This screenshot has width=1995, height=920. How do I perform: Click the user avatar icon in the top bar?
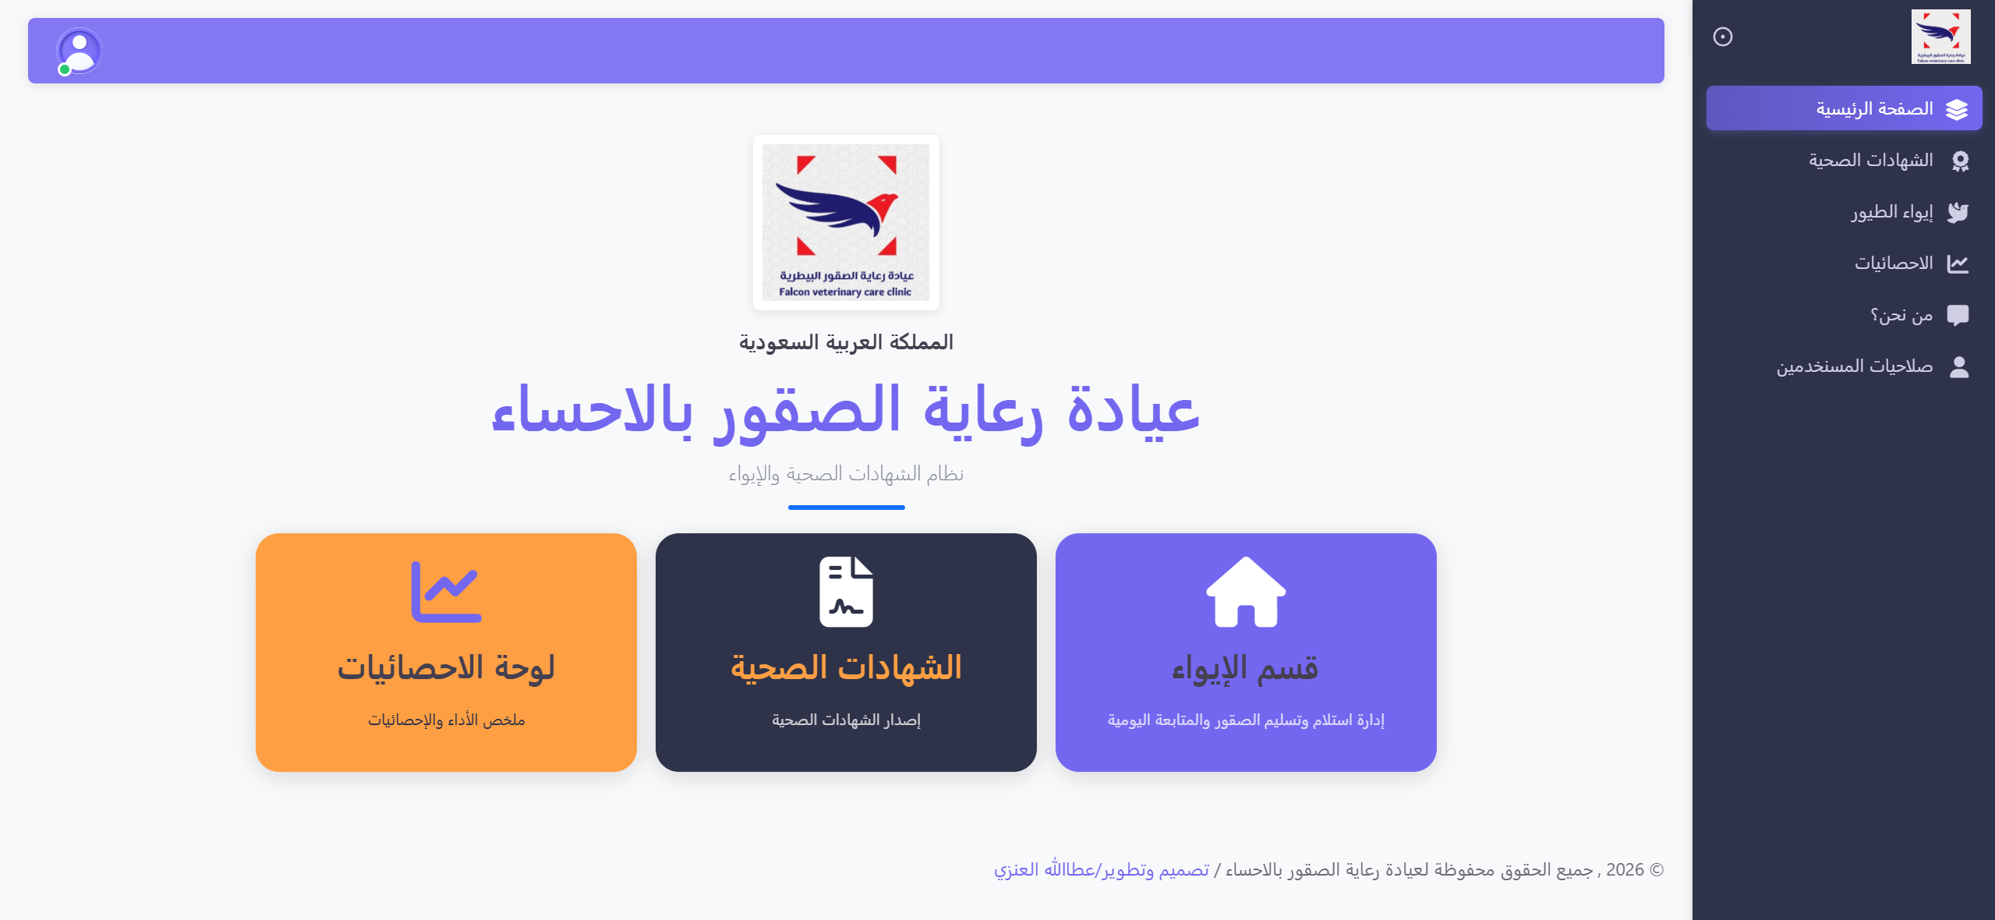(x=80, y=51)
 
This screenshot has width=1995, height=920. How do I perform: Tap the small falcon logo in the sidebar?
(x=1940, y=37)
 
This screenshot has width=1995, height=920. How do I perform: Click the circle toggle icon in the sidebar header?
(x=1723, y=37)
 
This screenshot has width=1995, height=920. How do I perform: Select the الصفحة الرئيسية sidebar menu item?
(x=1874, y=108)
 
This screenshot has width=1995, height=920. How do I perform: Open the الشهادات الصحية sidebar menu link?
(x=1870, y=161)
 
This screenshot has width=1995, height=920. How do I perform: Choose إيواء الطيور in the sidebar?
(x=1892, y=212)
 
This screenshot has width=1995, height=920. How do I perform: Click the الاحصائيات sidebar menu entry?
(x=1894, y=264)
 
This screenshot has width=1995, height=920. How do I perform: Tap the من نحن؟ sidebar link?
(x=1901, y=315)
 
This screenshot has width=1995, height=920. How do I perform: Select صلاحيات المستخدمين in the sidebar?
(x=1855, y=366)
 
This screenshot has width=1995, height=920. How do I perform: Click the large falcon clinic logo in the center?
(x=846, y=222)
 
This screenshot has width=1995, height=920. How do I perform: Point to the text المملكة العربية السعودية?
(x=846, y=342)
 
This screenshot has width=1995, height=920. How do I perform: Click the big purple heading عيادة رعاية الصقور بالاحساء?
(x=846, y=410)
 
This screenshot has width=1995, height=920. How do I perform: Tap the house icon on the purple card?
(x=1246, y=592)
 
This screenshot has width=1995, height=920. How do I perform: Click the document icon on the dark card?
(x=846, y=592)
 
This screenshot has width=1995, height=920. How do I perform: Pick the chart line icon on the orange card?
(x=446, y=592)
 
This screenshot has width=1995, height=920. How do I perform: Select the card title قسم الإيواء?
(x=1245, y=668)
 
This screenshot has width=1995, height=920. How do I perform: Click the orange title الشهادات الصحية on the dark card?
(x=846, y=668)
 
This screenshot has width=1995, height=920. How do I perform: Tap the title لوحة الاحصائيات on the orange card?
(x=446, y=668)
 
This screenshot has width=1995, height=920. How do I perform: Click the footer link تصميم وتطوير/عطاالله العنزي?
(x=1101, y=870)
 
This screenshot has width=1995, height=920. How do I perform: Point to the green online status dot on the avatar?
(x=65, y=70)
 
